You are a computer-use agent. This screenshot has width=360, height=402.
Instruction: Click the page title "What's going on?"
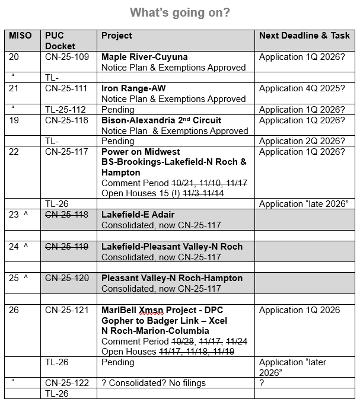pos(180,12)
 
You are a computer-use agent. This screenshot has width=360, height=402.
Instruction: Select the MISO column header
pos(20,36)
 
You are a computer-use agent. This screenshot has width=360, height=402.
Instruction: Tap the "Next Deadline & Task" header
pos(304,36)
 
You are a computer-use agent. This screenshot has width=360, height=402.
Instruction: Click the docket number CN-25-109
pos(66,57)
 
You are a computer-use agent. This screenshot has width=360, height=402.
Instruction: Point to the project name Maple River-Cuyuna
pos(144,57)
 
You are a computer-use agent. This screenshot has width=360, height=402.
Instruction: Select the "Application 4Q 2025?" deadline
pos(301,88)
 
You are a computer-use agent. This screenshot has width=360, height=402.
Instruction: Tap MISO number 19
pos(14,120)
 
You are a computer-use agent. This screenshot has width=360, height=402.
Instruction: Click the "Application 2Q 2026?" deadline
pos(301,141)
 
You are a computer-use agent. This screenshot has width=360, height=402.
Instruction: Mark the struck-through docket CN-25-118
pos(66,215)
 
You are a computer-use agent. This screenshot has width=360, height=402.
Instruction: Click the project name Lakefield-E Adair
pos(138,215)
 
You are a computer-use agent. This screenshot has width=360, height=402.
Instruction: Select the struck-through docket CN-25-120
pos(66,278)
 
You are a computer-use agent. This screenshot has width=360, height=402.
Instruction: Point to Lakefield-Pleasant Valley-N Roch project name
pos(172,247)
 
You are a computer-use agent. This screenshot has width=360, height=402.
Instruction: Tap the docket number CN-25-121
pos(66,310)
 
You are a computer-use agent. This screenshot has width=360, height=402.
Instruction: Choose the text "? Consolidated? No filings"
pos(154,383)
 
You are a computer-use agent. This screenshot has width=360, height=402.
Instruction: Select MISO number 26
pos(14,310)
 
